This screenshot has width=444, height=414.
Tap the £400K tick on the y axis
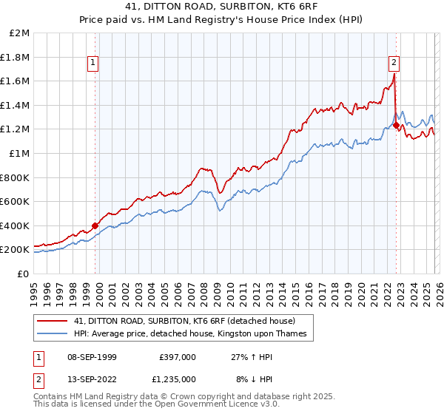coord(16,225)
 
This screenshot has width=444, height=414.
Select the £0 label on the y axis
coord(24,274)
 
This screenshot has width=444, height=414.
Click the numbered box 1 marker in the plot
coord(93,64)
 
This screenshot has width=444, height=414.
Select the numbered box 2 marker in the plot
coord(394,64)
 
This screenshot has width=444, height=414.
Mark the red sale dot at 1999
coord(95,226)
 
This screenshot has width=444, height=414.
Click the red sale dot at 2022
coord(396,126)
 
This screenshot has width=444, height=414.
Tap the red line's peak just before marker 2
coord(394,74)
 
